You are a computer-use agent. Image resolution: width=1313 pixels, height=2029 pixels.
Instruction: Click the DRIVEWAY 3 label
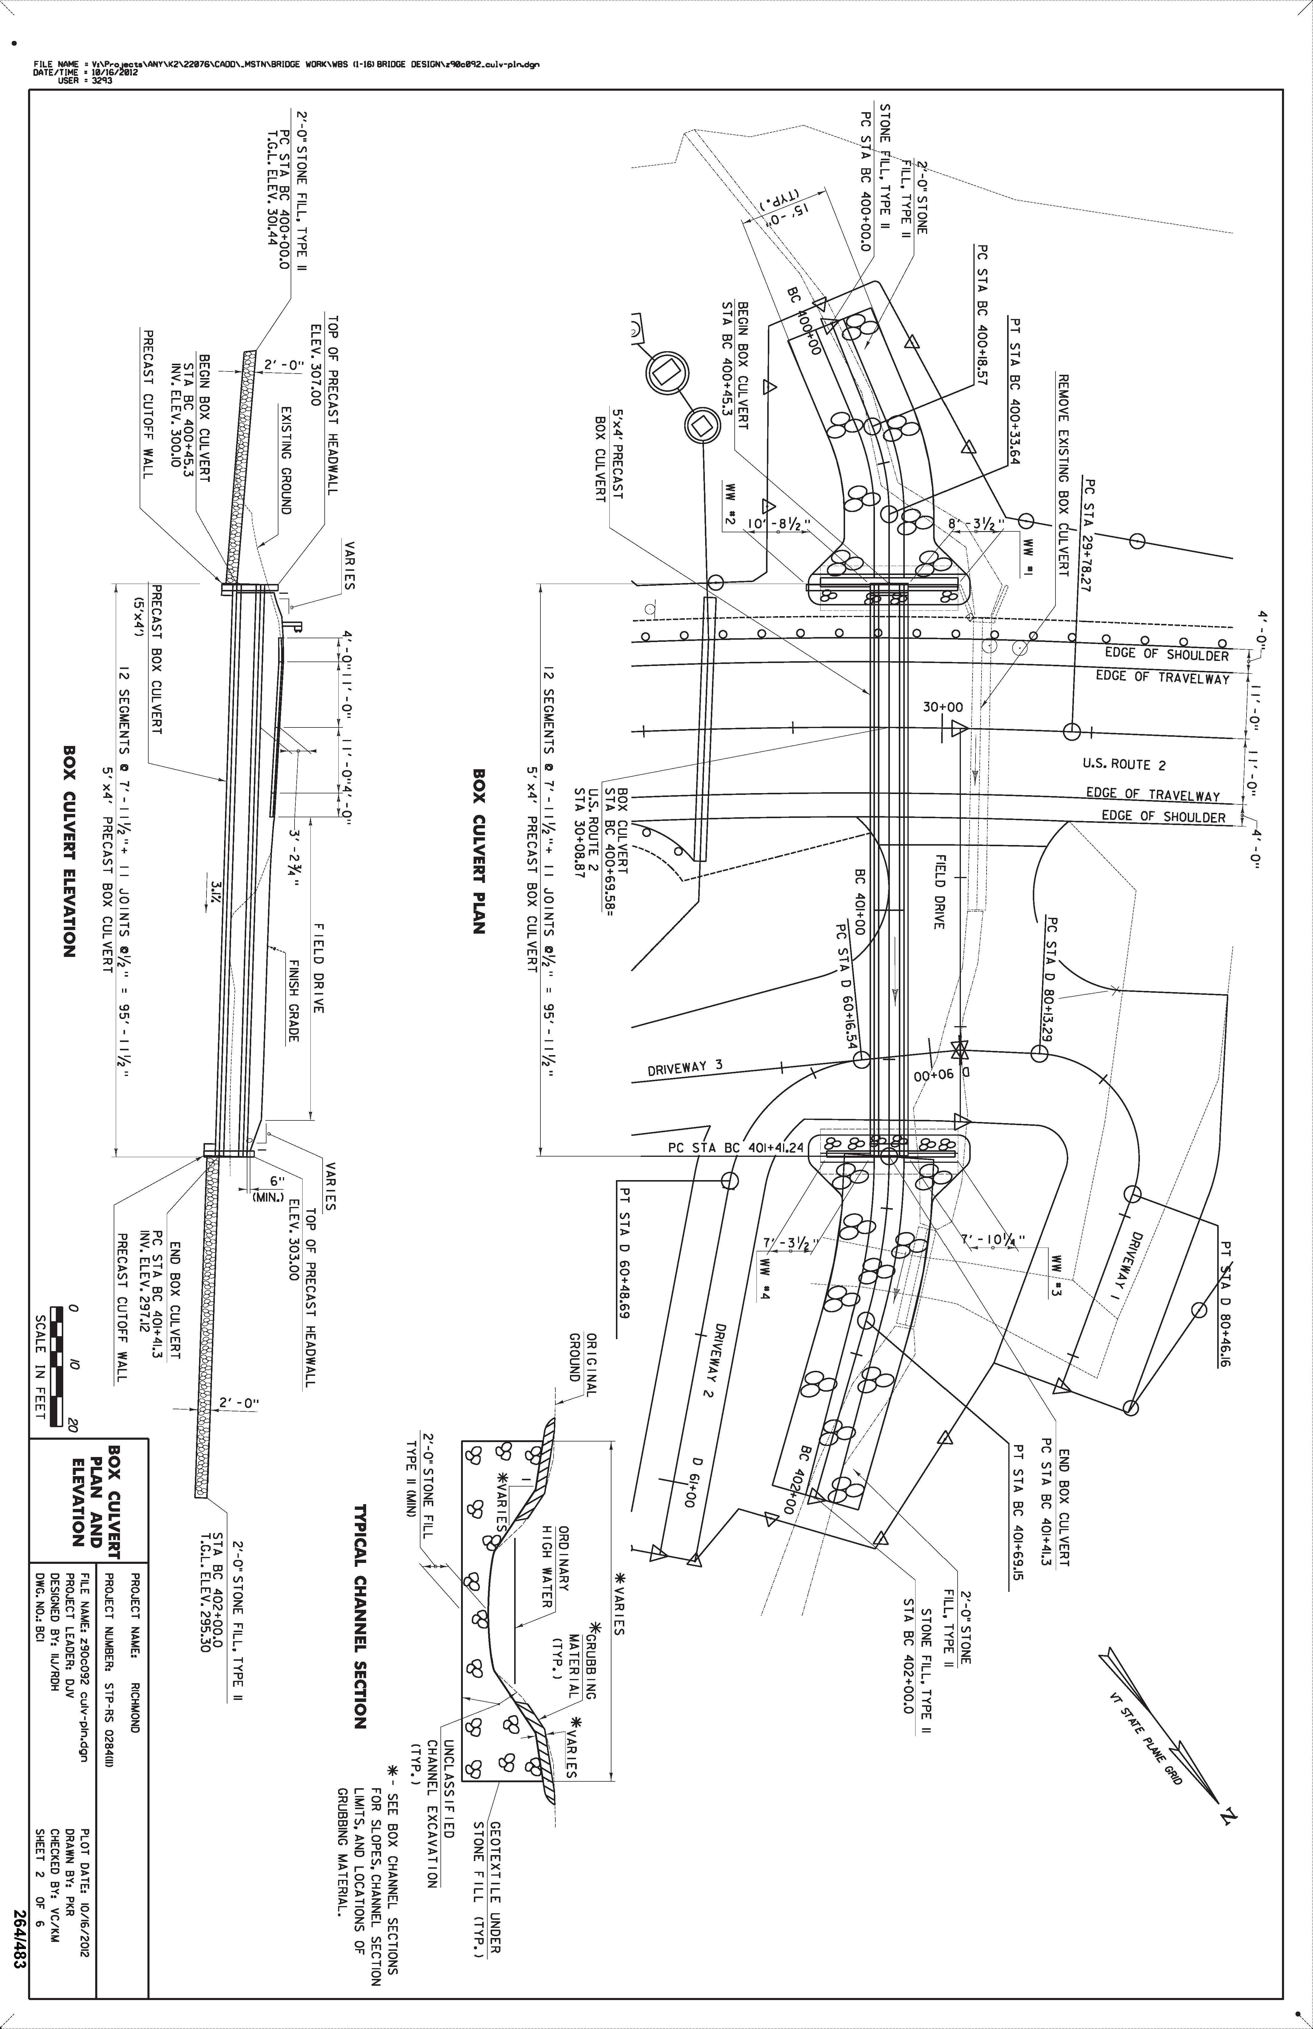coord(685,1067)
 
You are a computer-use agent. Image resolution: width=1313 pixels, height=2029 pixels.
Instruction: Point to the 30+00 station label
coord(943,707)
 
